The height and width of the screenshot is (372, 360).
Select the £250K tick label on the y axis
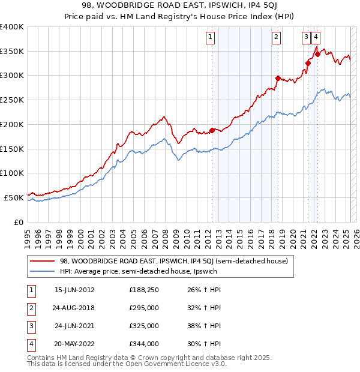(12, 100)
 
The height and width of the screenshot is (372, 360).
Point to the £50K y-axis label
(14, 197)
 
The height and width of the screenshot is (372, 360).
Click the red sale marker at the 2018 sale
(277, 78)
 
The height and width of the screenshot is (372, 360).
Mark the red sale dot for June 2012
(212, 130)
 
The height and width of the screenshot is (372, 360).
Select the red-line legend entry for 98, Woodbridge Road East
(174, 261)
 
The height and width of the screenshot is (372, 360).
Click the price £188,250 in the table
(144, 290)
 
